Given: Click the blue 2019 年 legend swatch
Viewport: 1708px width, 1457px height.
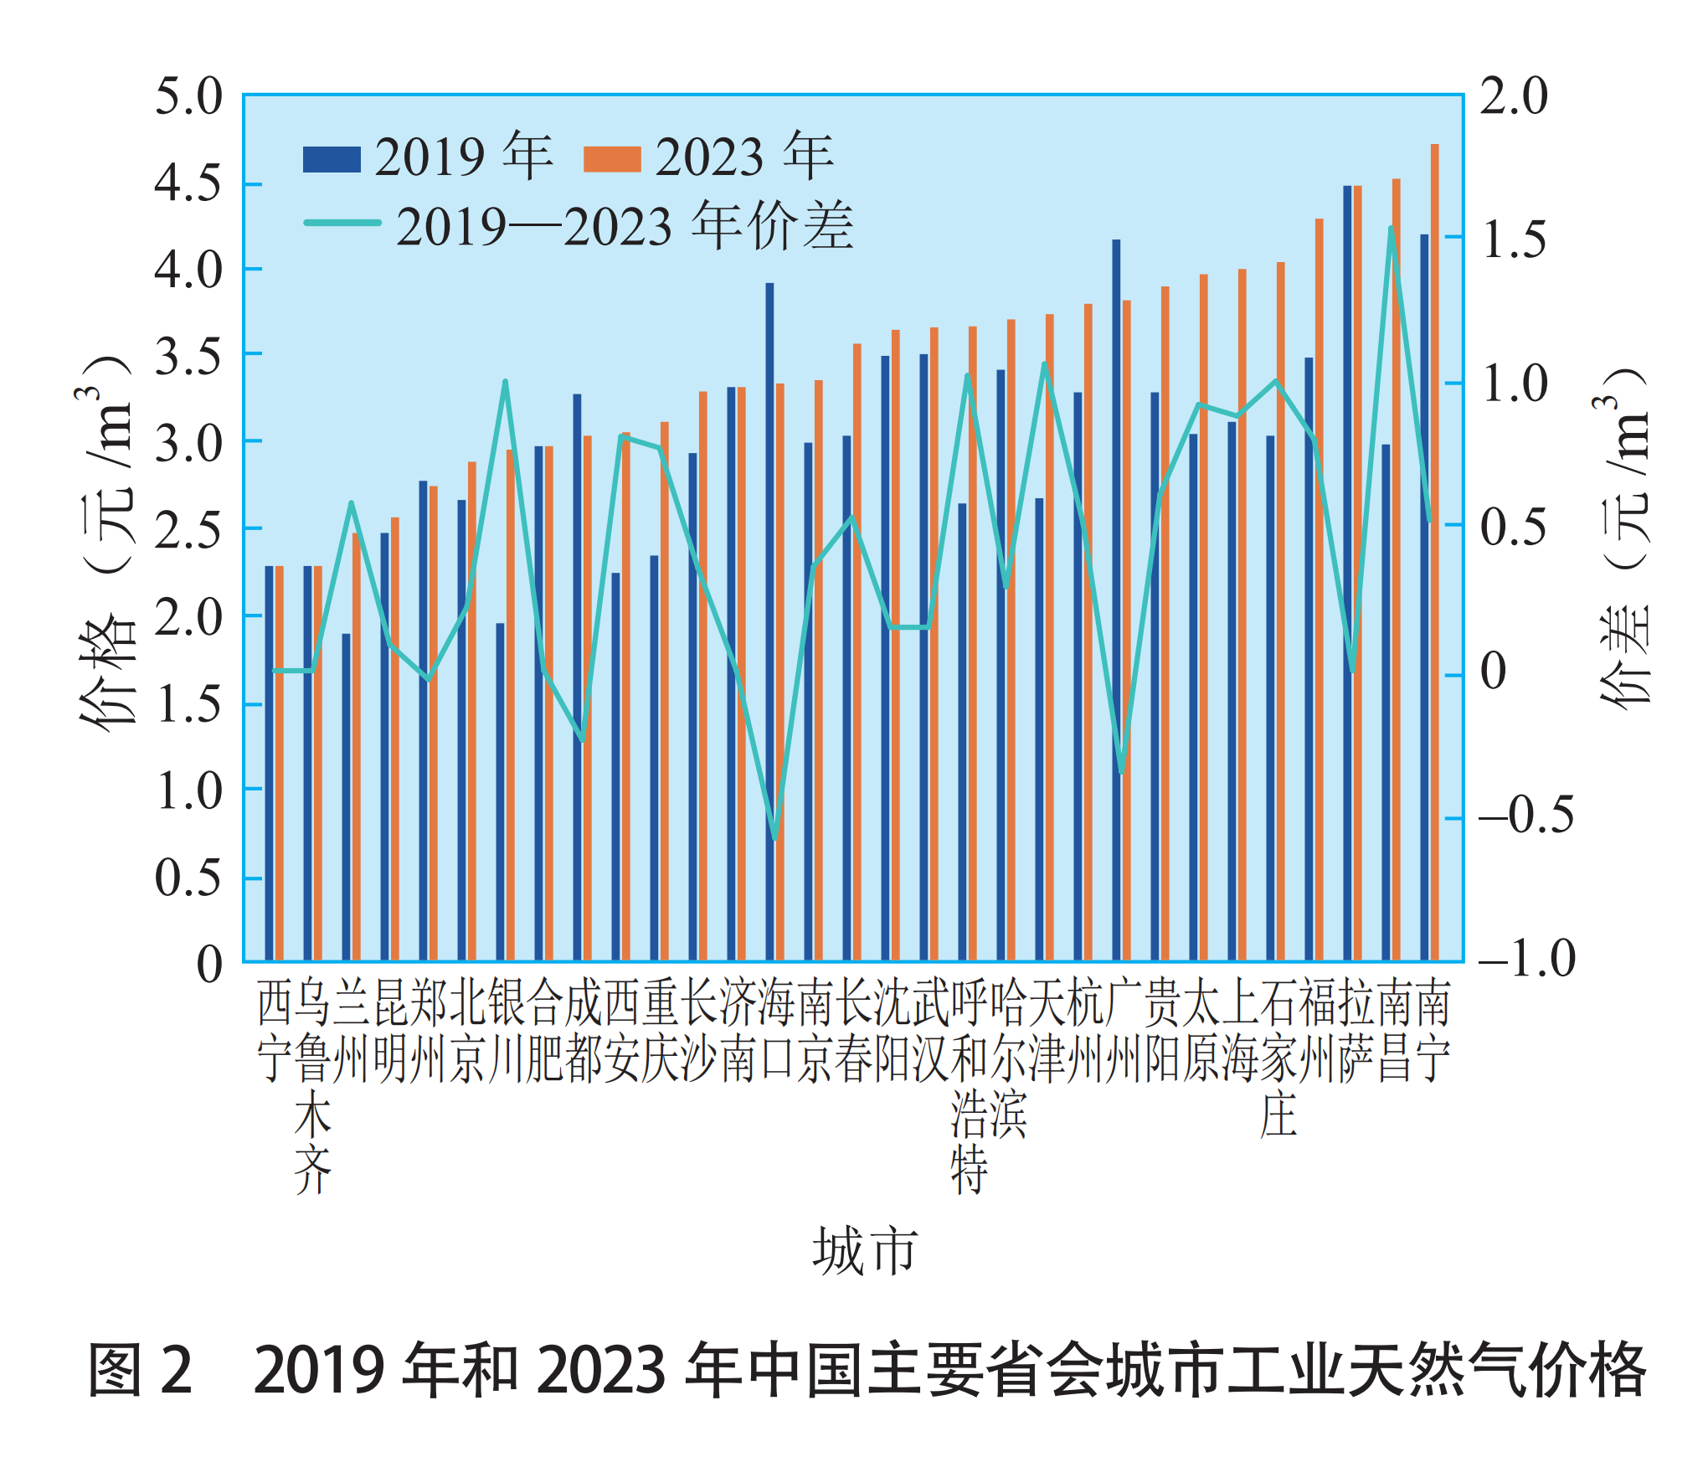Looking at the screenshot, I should (x=332, y=159).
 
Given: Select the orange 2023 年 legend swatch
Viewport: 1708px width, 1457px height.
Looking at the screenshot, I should (x=612, y=159).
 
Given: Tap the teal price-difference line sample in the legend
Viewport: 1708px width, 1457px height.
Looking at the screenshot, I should (x=342, y=223).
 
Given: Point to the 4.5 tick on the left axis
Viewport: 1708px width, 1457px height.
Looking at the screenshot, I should (x=188, y=183).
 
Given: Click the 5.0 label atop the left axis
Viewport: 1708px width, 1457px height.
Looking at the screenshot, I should (x=188, y=96).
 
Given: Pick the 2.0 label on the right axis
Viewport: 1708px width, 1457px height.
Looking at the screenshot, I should (x=1514, y=96).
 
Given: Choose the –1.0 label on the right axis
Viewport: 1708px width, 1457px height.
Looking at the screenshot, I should (x=1525, y=959).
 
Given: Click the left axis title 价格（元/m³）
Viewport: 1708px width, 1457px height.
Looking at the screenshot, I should (x=107, y=544).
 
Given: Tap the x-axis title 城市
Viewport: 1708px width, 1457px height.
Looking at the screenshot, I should (x=865, y=1252).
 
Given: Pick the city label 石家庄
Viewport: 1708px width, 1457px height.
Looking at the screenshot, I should (x=1278, y=1058).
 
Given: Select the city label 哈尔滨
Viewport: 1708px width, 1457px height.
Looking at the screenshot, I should (x=1008, y=1058).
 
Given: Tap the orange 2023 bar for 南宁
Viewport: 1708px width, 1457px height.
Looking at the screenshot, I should (x=1435, y=553).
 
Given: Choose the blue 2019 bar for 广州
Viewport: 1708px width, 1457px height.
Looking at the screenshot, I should (x=1116, y=600).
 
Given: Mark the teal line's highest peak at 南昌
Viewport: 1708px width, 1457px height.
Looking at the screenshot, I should (x=1392, y=229).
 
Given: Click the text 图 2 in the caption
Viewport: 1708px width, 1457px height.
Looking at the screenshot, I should (x=141, y=1370).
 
